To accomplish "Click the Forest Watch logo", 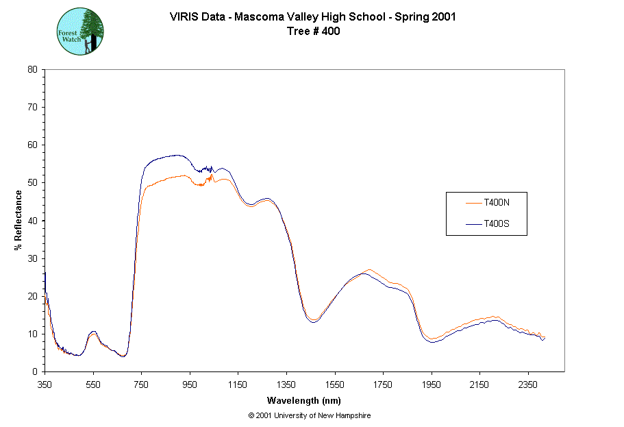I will [x=80, y=32].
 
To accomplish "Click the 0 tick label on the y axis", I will [x=35, y=371].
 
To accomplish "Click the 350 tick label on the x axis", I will [x=45, y=385].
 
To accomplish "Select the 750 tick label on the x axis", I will [x=141, y=385].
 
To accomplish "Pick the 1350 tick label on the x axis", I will [x=286, y=385].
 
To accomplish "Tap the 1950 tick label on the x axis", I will [x=432, y=385].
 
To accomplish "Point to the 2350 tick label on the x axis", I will [x=528, y=385].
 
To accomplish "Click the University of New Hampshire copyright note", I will [x=310, y=415].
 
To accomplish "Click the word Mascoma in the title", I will [x=258, y=17].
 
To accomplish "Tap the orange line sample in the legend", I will [x=474, y=202].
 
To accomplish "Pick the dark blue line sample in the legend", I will [x=474, y=223].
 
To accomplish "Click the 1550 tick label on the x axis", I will [x=335, y=385].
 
